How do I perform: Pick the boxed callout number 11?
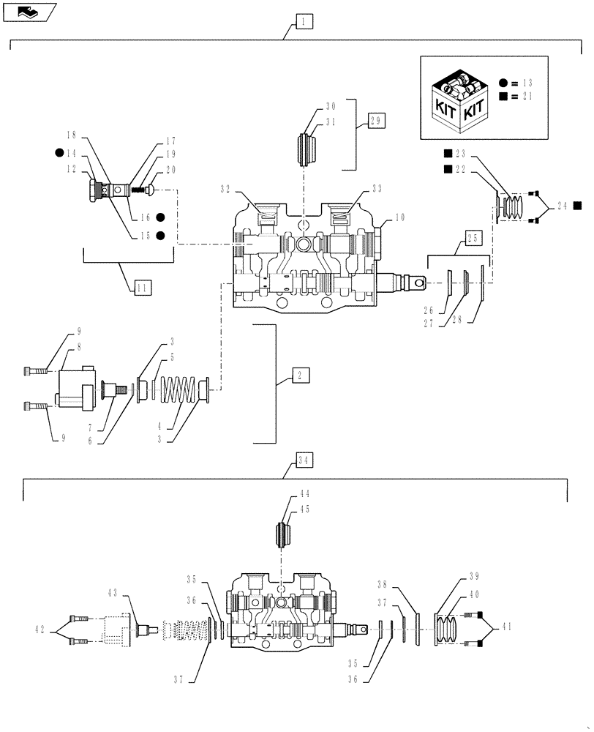click(143, 287)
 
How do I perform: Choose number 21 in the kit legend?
click(528, 97)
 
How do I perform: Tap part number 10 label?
click(399, 218)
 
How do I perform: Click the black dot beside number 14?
click(58, 154)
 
